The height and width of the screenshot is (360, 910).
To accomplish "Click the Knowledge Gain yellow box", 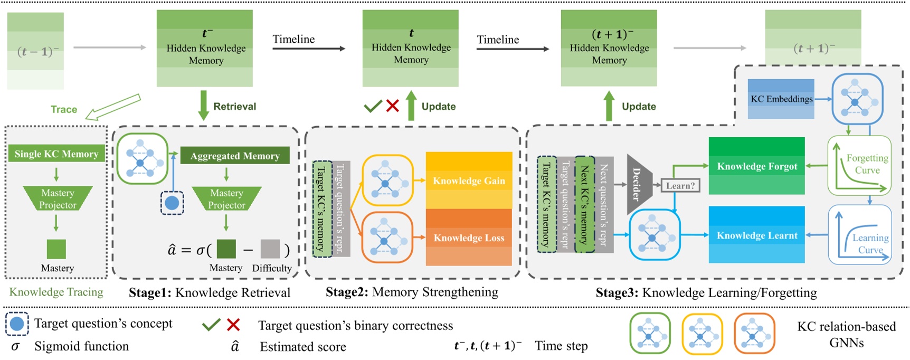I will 469,181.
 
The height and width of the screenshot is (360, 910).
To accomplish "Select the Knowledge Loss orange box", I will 469,238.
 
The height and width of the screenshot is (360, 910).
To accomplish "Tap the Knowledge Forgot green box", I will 756,166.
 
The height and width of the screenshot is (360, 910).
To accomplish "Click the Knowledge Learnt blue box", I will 756,235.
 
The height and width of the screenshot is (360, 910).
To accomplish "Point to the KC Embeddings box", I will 781,99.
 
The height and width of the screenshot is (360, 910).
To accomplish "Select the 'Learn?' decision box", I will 680,185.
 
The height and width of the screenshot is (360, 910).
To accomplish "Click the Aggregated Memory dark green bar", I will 235,156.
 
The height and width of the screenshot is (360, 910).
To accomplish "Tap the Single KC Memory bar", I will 56,154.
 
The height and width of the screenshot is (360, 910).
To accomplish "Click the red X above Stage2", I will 392,106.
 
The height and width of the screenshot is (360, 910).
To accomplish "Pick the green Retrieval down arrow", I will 203,106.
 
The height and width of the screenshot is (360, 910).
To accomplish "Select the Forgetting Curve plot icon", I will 859,165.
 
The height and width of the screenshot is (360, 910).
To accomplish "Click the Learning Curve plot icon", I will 860,235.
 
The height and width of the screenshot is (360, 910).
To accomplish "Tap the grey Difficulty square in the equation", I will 270,249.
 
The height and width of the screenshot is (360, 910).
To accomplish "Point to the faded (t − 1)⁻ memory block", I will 35,51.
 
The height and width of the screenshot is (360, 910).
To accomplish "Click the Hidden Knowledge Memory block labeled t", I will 410,48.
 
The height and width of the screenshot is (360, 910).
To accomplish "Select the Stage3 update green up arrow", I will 609,106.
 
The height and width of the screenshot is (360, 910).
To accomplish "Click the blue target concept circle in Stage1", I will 172,203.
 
